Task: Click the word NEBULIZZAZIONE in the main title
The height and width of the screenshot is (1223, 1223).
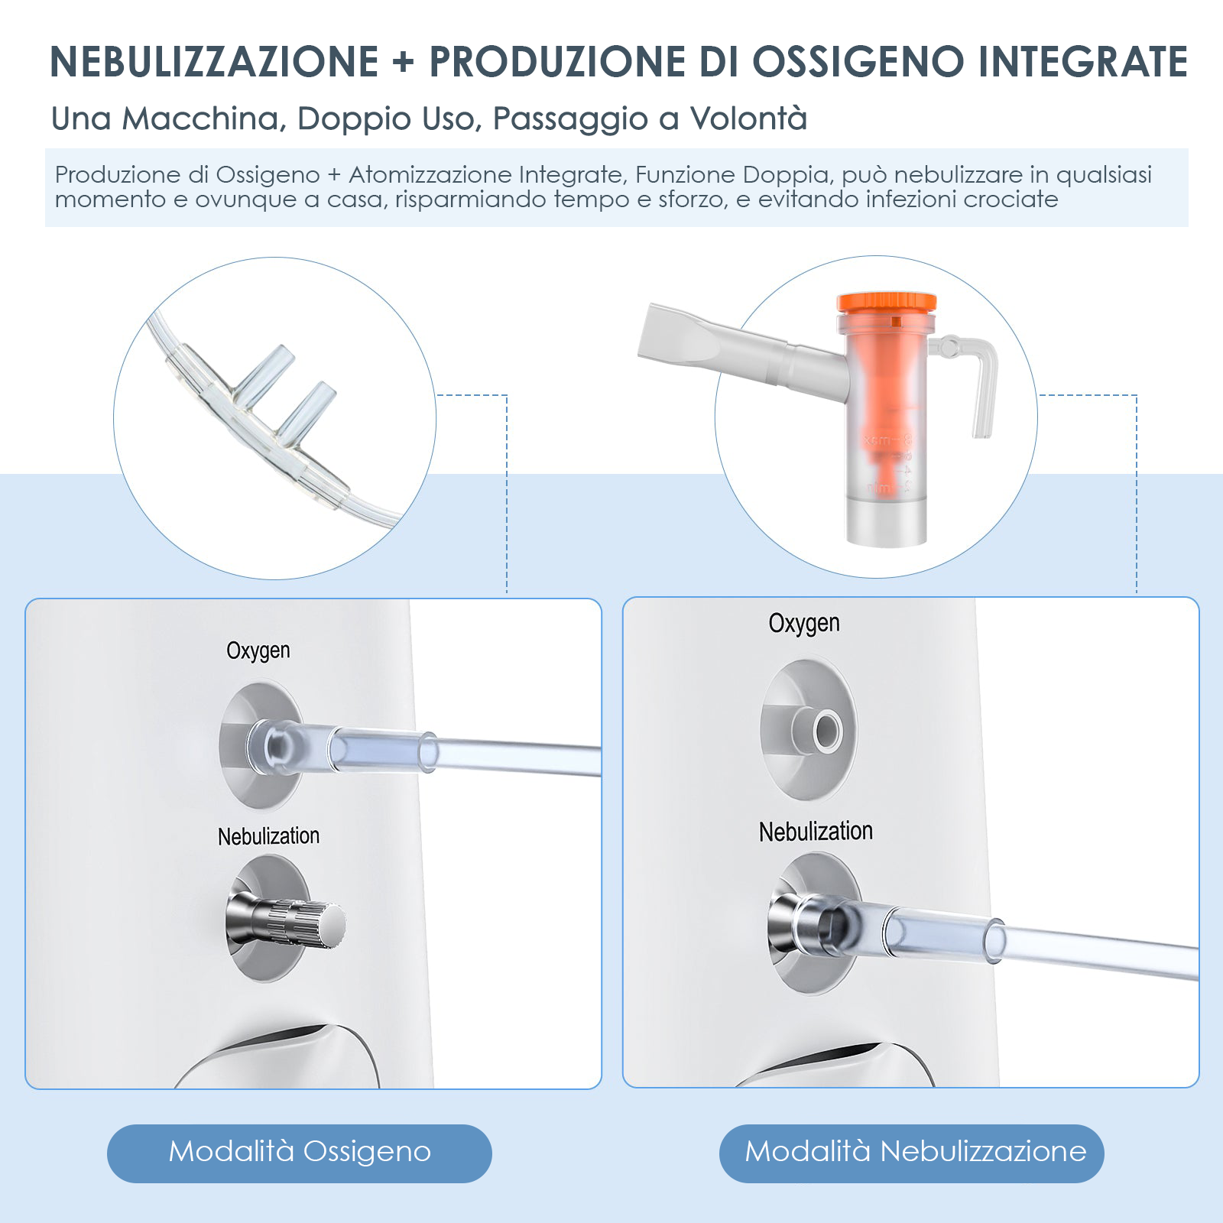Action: click(x=215, y=61)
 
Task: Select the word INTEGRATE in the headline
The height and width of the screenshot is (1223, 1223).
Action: click(x=1083, y=61)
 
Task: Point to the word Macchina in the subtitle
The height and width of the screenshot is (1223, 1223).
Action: click(x=204, y=118)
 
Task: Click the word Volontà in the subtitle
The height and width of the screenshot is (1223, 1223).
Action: click(x=749, y=118)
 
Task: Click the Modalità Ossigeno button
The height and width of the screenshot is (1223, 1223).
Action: click(x=300, y=1153)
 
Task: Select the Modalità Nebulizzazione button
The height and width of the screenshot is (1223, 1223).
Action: click(x=912, y=1153)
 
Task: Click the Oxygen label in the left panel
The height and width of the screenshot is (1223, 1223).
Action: click(x=258, y=651)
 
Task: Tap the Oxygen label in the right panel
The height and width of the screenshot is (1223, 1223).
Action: click(x=804, y=624)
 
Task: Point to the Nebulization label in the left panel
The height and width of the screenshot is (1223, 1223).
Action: click(x=268, y=836)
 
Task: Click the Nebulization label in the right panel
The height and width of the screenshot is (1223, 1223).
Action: click(x=816, y=832)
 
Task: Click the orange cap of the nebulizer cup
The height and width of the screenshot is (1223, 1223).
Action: click(x=887, y=303)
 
